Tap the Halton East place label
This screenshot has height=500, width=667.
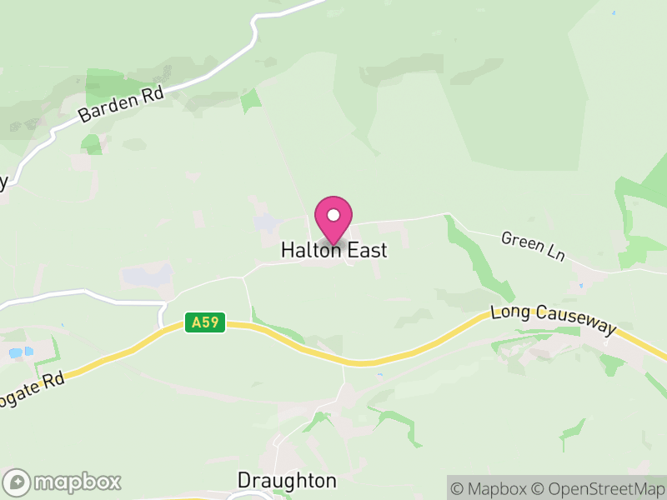point(333,250)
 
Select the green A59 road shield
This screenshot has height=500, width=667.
point(205,322)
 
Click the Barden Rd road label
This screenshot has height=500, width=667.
point(122,103)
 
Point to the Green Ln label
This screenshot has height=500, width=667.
point(533,246)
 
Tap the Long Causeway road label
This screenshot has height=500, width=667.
point(554,321)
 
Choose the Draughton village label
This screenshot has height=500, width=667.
point(287,481)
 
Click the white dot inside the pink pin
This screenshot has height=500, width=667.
point(333,215)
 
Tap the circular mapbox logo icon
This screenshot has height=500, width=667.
point(18,482)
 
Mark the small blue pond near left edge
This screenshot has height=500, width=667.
point(17,352)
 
